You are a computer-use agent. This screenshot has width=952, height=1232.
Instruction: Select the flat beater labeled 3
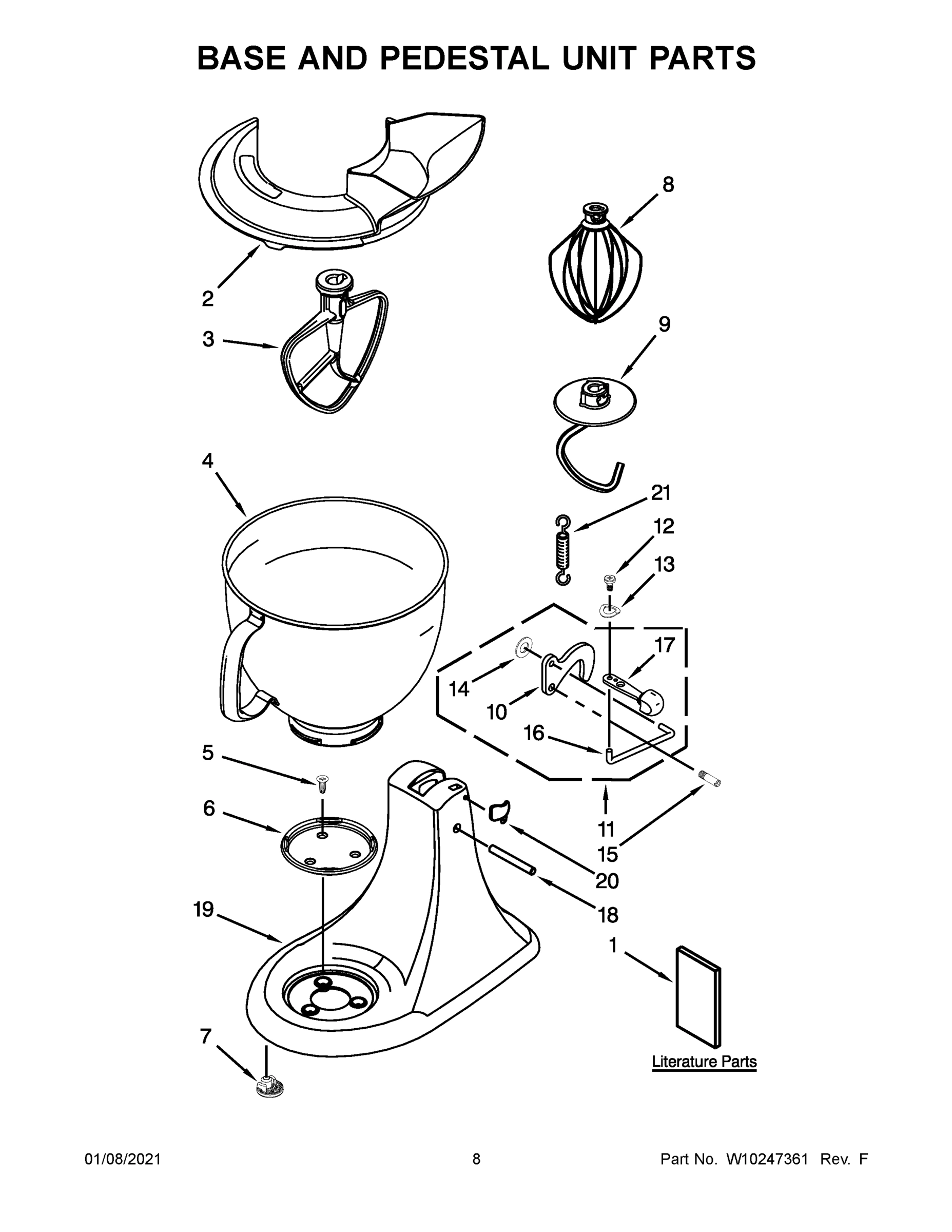click(333, 350)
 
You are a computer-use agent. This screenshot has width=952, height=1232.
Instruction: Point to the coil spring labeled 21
click(562, 549)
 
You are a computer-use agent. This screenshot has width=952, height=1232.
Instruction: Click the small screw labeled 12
click(609, 581)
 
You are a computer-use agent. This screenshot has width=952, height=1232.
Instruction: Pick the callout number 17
click(665, 645)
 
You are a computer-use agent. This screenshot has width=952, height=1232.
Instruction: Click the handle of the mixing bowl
click(237, 671)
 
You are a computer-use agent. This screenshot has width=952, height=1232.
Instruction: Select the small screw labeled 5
click(323, 782)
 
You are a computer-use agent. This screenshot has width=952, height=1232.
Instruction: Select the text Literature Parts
click(704, 1062)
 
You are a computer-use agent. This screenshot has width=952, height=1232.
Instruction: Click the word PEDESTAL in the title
click(457, 57)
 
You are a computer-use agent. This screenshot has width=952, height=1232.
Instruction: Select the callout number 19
click(204, 909)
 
